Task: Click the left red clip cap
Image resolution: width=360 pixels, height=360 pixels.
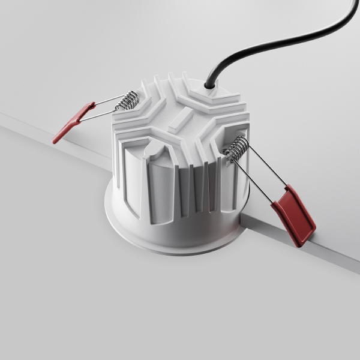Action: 74,122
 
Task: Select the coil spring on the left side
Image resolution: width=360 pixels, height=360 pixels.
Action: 127,100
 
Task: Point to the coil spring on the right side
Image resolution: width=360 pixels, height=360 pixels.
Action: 237,148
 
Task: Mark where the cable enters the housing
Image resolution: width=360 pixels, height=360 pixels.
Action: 210,86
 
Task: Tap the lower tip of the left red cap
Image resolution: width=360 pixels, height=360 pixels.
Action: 56,141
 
